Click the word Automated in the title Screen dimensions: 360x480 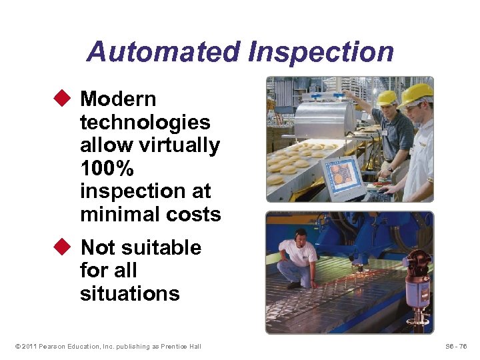click(163, 52)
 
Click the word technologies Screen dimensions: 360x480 click(145, 123)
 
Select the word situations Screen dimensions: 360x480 click(129, 293)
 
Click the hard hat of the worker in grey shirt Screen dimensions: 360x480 click(387, 97)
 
